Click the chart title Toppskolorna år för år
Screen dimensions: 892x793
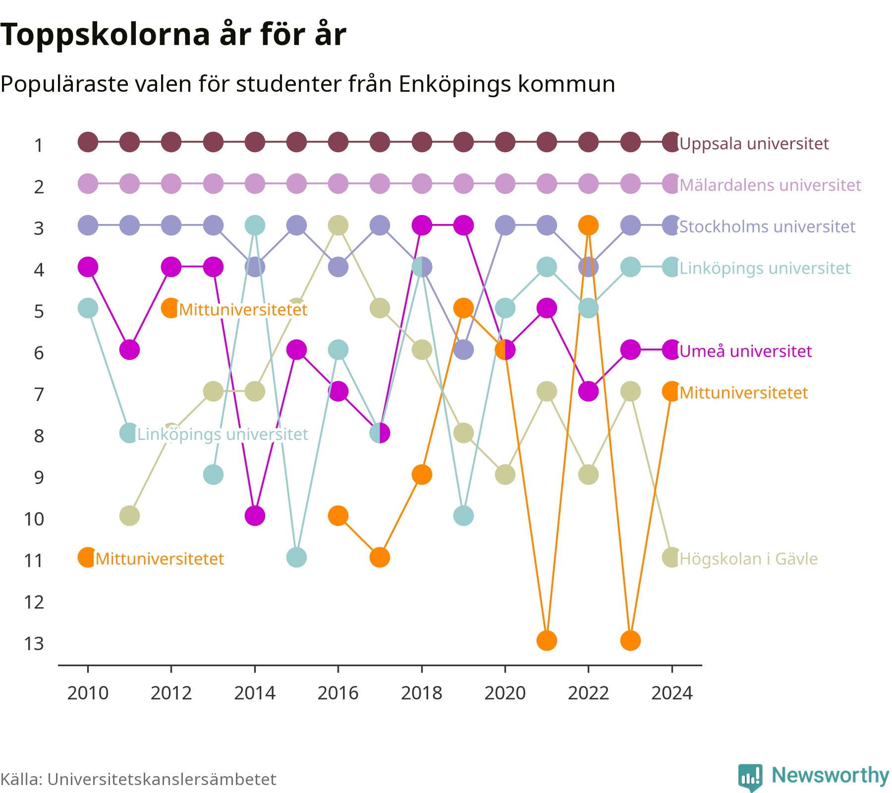click(173, 35)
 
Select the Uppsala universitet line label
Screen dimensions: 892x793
click(754, 144)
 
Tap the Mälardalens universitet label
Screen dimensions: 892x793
click(770, 185)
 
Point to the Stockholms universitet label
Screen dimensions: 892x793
click(767, 227)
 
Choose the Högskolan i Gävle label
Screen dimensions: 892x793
click(748, 559)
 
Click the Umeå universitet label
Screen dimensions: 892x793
click(745, 351)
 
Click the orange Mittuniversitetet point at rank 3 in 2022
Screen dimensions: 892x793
click(588, 226)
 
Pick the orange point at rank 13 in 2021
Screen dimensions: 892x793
click(547, 640)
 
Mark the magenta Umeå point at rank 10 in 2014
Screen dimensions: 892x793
click(255, 516)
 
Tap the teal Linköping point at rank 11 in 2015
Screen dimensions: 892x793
click(296, 558)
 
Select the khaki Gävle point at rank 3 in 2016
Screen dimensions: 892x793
click(338, 226)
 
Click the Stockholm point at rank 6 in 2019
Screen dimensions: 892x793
click(463, 350)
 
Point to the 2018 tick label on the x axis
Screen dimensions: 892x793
click(421, 693)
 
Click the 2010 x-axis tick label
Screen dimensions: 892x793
click(88, 693)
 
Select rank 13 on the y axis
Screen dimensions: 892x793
click(34, 643)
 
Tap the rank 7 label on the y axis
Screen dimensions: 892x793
click(39, 395)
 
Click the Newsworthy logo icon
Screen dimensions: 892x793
click(750, 777)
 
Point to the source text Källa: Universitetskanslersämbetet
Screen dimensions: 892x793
click(138, 779)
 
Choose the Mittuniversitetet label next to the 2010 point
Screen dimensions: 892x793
click(160, 559)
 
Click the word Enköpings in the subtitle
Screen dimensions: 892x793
click(455, 84)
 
